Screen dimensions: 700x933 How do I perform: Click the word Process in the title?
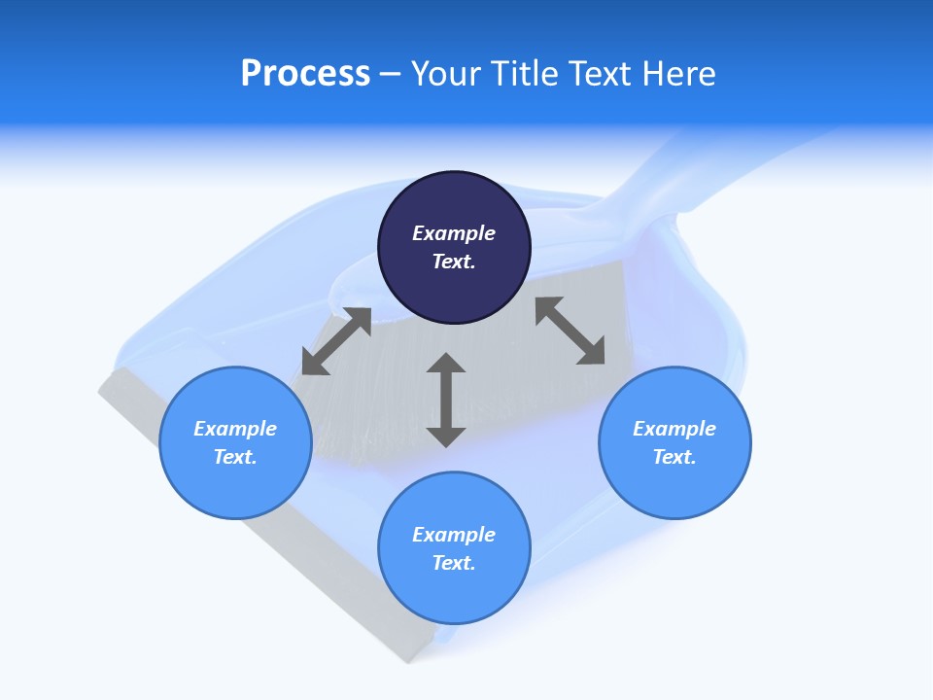pos(305,74)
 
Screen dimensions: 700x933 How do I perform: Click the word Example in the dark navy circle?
pos(454,233)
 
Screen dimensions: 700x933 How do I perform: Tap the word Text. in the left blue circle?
pos(235,457)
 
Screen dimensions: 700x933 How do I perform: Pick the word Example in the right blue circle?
pos(674,429)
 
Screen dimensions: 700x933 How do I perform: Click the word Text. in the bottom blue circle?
pos(454,563)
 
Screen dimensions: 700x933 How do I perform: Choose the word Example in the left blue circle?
pos(235,429)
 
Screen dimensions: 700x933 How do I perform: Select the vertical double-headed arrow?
pos(446,400)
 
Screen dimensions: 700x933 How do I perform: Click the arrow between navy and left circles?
pos(336,341)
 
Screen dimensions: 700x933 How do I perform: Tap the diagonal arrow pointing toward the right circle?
pos(570,332)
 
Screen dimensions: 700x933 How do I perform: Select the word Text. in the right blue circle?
pos(674,457)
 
